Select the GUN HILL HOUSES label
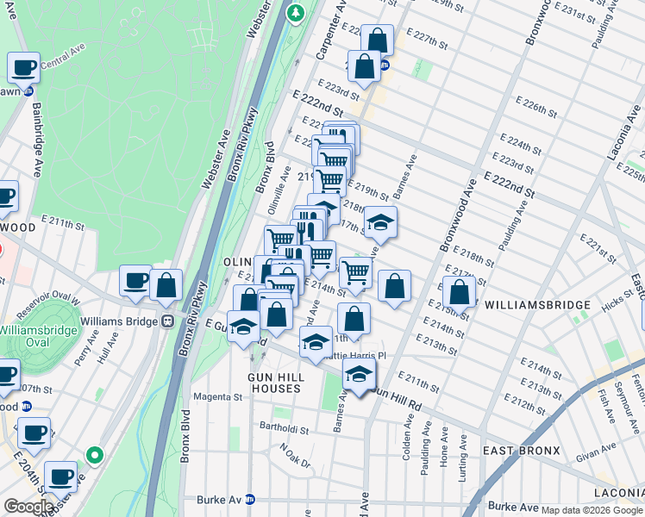point(274,383)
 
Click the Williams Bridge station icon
point(168,321)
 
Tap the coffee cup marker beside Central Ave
point(24,66)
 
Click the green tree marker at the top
point(296,12)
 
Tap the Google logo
point(28,507)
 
